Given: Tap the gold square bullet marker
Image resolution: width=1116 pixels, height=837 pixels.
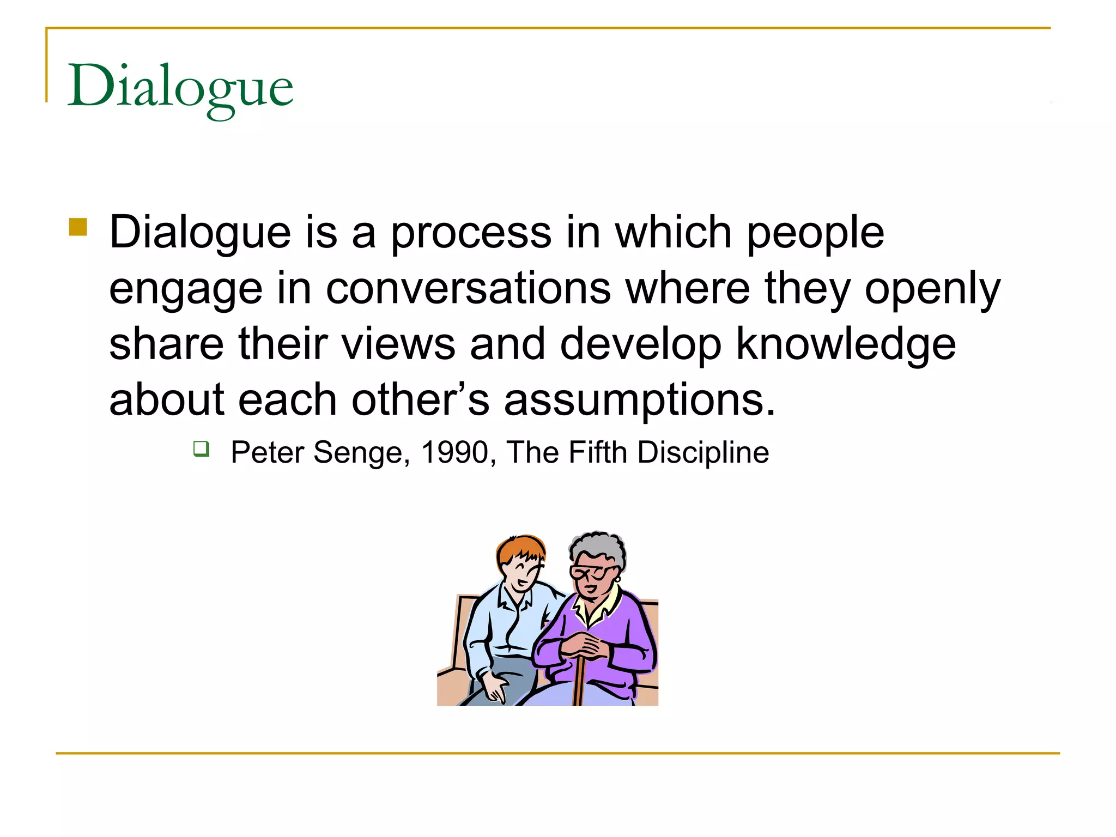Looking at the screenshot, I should (78, 227).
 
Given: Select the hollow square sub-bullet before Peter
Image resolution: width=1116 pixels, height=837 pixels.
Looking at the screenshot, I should (201, 449).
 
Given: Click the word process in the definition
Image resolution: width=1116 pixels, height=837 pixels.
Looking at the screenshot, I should (471, 233).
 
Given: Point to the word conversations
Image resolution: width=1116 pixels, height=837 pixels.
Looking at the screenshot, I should (468, 289).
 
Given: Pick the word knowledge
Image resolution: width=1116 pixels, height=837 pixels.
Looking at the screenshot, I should (846, 344).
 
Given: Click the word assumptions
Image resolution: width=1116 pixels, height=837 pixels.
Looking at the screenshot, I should (639, 400).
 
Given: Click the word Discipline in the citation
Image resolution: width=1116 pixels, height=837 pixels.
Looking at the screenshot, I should (703, 452).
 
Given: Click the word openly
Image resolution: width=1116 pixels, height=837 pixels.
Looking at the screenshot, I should (932, 289).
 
